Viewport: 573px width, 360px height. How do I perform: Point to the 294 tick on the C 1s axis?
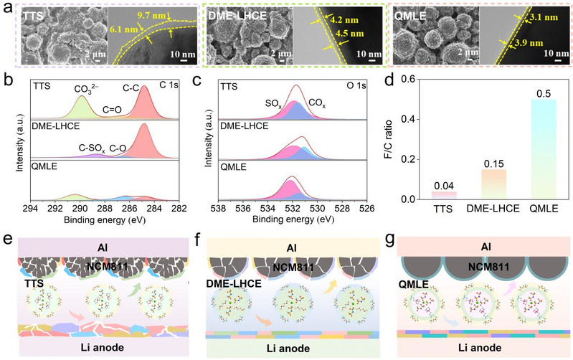(x=29, y=209)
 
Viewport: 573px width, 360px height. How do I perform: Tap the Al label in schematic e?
(x=99, y=246)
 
